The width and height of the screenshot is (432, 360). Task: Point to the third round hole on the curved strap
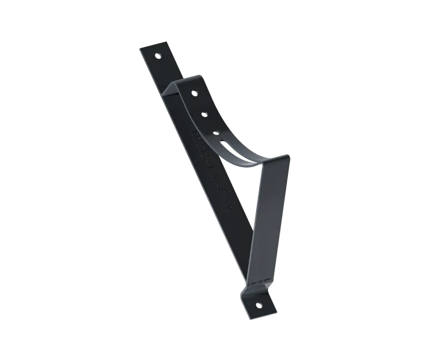click(215, 132)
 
